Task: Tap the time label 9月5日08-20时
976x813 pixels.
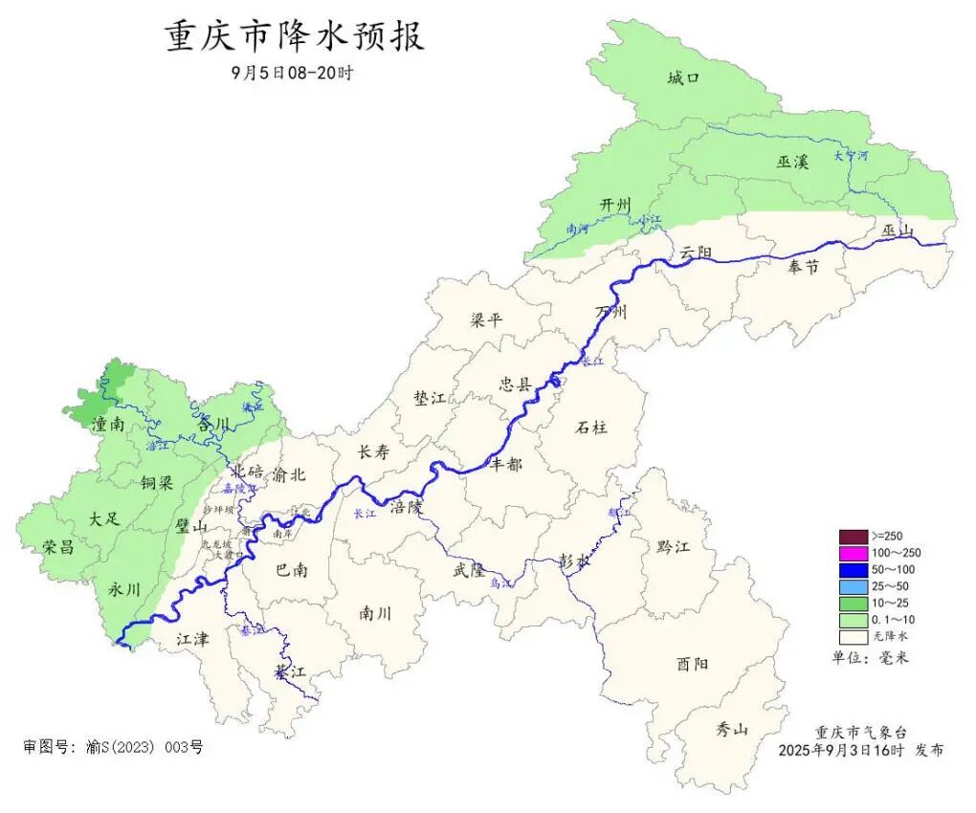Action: pyautogui.click(x=292, y=73)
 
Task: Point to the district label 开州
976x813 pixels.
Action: pyautogui.click(x=615, y=206)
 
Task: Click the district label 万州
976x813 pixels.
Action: pyautogui.click(x=610, y=313)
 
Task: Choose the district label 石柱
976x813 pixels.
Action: pyautogui.click(x=593, y=428)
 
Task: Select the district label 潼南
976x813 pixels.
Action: pyautogui.click(x=106, y=423)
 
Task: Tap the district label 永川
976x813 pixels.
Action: pyautogui.click(x=124, y=589)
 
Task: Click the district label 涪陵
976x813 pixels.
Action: pyautogui.click(x=406, y=508)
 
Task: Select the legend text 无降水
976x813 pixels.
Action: pyautogui.click(x=890, y=636)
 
